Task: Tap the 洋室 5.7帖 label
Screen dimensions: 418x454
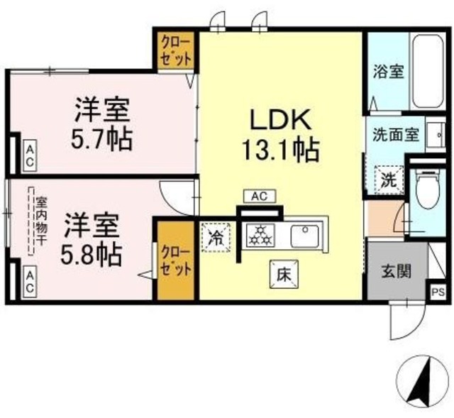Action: [104, 124]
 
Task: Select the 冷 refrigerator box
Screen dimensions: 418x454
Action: [214, 236]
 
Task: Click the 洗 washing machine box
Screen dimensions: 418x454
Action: [387, 179]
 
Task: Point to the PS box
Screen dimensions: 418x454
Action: [437, 291]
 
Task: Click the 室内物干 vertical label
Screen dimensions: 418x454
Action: [32, 220]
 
